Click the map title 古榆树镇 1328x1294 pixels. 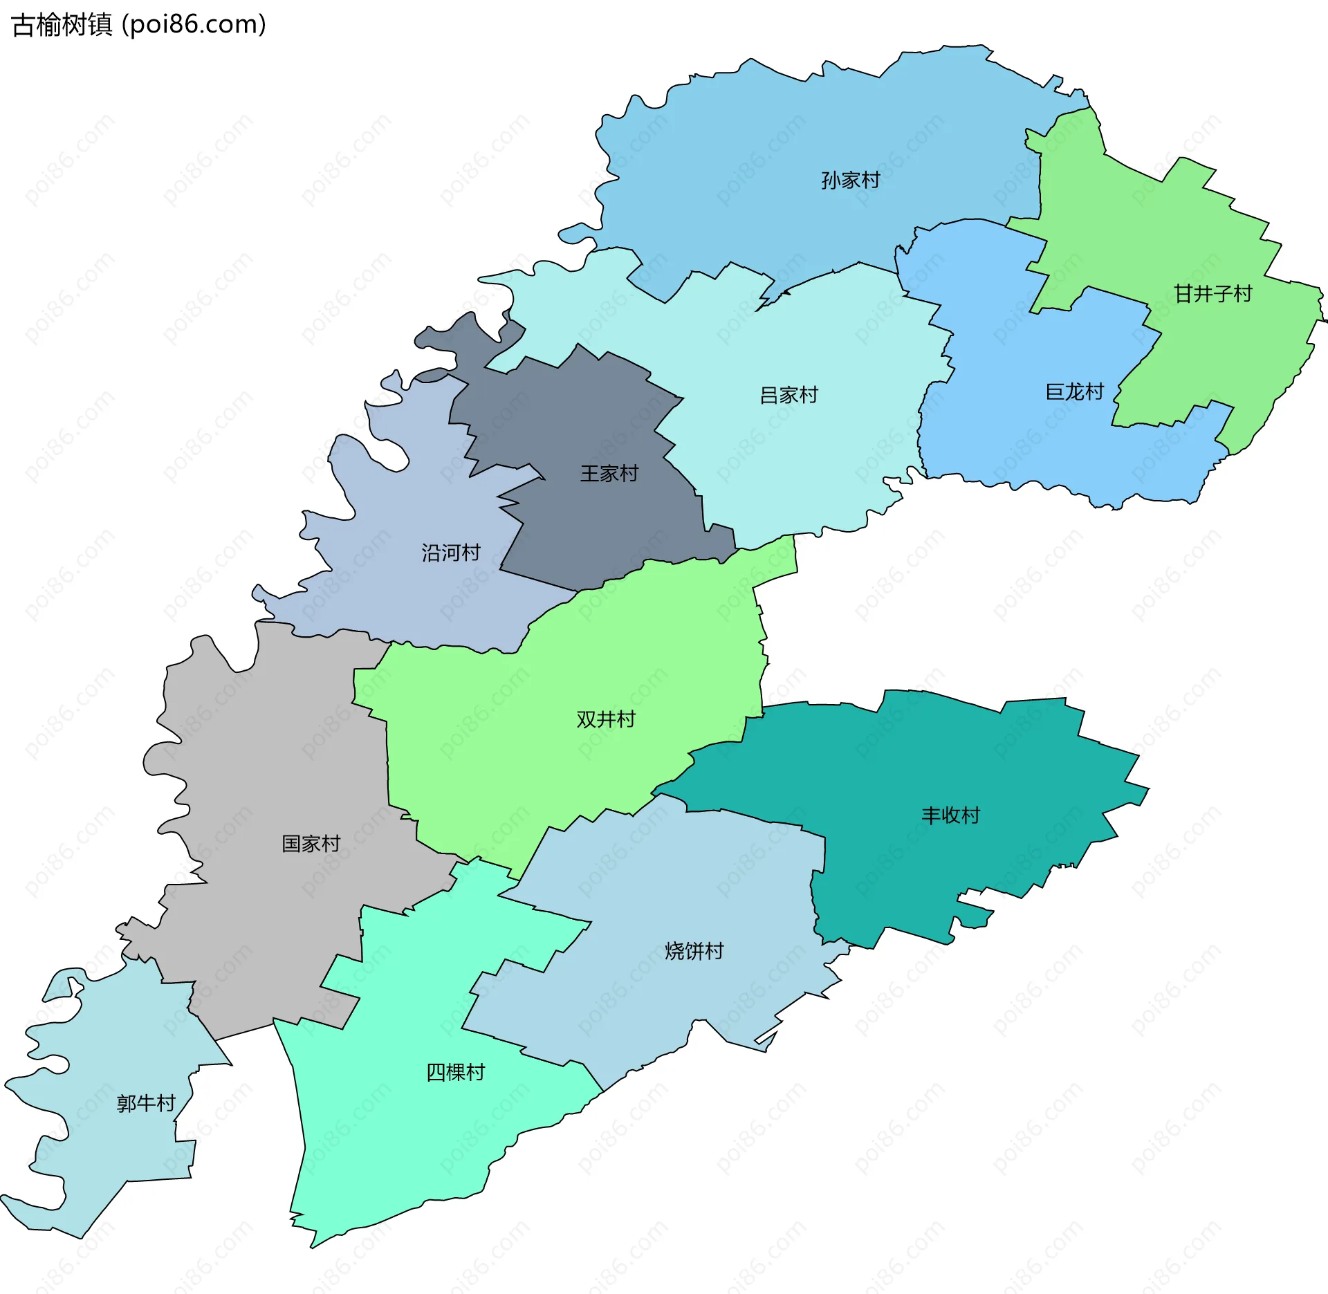point(62,25)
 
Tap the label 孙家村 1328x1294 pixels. point(850,180)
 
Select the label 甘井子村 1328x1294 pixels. point(1212,294)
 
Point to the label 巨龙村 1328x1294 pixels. point(1074,391)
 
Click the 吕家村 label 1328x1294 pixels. point(788,395)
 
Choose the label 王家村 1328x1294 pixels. point(609,473)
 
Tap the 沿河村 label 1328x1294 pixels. point(451,552)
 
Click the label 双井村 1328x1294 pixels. point(606,719)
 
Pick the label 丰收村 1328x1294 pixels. point(950,815)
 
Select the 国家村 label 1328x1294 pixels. point(311,843)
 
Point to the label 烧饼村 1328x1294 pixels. point(694,950)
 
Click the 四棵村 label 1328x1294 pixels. point(455,1071)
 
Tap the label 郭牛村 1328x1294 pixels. point(146,1102)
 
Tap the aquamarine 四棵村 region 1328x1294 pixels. point(387,1141)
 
